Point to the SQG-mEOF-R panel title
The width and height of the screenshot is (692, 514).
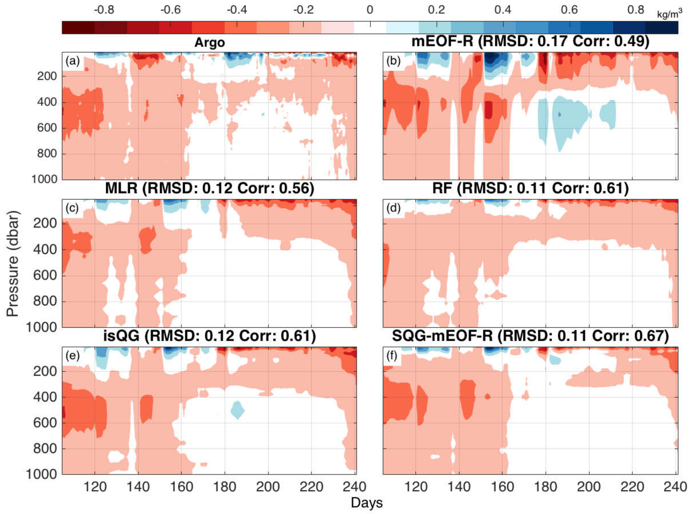coord(530,336)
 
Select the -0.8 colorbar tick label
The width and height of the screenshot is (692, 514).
coord(104,10)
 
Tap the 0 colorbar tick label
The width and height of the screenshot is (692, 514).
coord(370,10)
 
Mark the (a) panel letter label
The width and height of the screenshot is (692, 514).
coord(73,61)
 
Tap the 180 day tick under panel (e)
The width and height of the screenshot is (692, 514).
coord(225,487)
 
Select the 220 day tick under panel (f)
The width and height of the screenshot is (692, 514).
coord(632,487)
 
